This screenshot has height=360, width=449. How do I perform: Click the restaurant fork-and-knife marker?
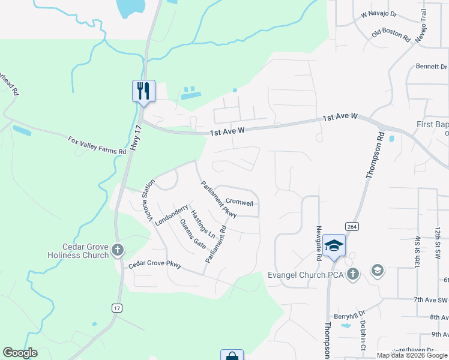click(x=143, y=91)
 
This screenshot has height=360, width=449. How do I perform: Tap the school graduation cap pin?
click(x=334, y=245)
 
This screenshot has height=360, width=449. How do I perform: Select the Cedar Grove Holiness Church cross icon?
click(x=118, y=250)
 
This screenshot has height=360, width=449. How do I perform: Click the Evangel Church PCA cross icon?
click(x=353, y=275)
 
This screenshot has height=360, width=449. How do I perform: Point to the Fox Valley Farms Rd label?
click(x=97, y=146)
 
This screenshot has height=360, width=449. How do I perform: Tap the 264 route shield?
click(x=352, y=226)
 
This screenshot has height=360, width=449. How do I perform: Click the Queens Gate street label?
click(x=193, y=235)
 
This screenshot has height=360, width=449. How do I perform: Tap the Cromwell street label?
click(x=239, y=203)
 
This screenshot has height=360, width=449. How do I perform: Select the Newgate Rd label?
click(x=319, y=244)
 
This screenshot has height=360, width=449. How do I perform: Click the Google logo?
click(x=20, y=353)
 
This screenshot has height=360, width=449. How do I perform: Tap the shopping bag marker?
click(x=232, y=356)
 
